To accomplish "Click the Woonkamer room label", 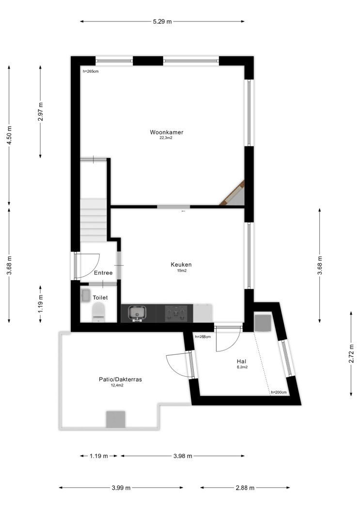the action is coord(166,132).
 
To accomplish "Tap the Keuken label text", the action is coord(181,265).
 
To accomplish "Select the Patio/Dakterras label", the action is coord(120,379).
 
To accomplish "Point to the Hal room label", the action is coord(241,361).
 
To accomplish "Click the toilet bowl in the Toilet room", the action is coord(98,312).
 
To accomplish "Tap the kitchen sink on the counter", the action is coord(137,313).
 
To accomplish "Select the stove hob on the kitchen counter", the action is coord(176,313).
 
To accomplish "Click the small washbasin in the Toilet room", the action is coord(86,295).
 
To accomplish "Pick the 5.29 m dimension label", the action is coord(162,22).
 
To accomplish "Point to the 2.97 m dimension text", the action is coord(41,111).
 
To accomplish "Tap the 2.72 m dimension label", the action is coord(351,354).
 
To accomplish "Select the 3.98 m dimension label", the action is coord(183,456).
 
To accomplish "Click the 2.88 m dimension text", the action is coord(245,488).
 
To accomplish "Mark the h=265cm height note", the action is coord(91,71).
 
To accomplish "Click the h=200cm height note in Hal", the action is coord(279,392).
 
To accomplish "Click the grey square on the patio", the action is coord(116,419).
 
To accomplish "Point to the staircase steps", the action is coord(94,220).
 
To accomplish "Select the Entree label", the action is coord(104,272).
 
